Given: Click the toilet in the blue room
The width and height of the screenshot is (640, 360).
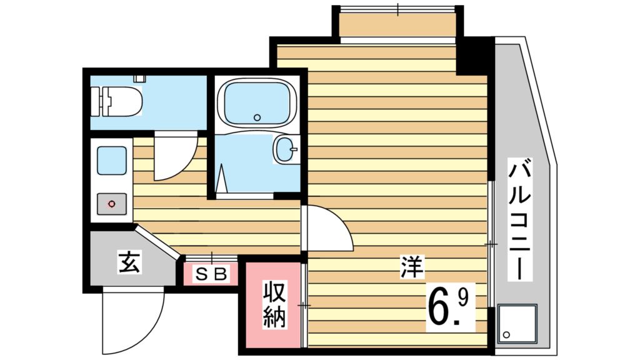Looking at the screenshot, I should point(122,101).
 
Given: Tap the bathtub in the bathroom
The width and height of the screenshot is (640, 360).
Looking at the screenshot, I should point(256,102).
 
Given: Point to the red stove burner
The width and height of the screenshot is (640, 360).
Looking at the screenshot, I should point(112,204).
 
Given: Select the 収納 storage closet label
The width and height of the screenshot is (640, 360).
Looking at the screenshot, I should point(274,304).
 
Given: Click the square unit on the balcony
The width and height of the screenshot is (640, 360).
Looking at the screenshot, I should point(517,324).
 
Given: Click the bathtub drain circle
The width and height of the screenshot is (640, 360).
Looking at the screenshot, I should point(256,117).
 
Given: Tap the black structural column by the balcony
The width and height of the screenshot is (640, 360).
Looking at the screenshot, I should point(475,55).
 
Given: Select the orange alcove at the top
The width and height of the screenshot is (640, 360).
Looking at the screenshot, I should point(397,26).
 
